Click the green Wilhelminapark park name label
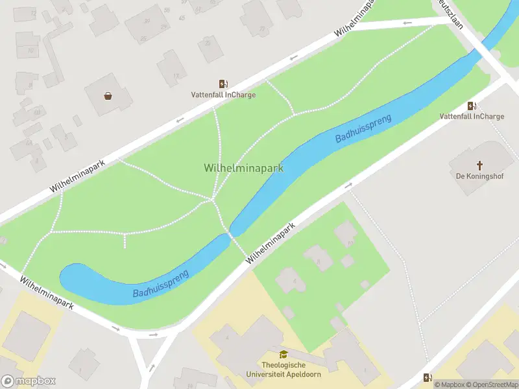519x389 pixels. [x=243, y=168]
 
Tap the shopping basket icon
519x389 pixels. [x=108, y=96]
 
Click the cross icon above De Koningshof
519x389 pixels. [x=480, y=165]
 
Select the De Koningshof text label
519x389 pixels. [x=480, y=176]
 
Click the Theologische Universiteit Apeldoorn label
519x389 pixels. [x=284, y=370]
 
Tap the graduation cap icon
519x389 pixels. [x=283, y=355]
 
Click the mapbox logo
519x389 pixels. [x=29, y=381]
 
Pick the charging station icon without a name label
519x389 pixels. [x=428, y=377]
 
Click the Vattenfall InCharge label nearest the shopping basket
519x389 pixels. [x=223, y=95]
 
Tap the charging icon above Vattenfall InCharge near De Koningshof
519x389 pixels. [x=472, y=106]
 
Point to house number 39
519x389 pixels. [x=147, y=21]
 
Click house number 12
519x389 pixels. [x=33, y=13]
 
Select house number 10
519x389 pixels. [x=30, y=50]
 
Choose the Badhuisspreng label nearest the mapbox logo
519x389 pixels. [x=161, y=284]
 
